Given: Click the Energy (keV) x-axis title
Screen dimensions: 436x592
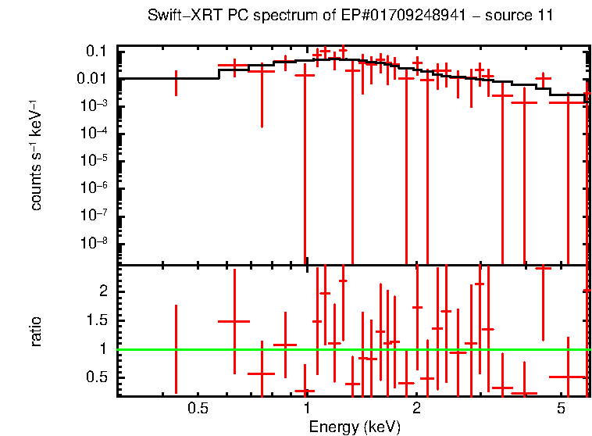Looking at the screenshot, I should click(355, 427).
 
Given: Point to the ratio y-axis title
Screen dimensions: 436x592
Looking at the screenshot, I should click(36, 331).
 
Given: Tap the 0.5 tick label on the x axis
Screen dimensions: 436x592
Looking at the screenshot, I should click(198, 409).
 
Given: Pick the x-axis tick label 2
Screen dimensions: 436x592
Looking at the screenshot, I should click(417, 409).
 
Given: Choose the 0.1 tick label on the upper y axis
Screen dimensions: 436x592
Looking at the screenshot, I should click(96, 52).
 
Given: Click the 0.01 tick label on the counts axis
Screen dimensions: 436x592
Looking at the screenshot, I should click(93, 79).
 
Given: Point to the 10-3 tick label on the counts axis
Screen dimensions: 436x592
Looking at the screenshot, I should click(95, 105).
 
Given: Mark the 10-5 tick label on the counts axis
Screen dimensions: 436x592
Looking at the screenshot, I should click(95, 160).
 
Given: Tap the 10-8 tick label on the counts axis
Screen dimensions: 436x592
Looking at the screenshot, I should click(95, 242).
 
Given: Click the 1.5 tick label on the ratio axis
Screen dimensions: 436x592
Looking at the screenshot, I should click(98, 320).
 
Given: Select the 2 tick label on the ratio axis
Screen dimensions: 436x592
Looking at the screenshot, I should click(102, 291).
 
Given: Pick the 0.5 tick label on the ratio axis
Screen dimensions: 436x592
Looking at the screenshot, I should click(98, 377).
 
